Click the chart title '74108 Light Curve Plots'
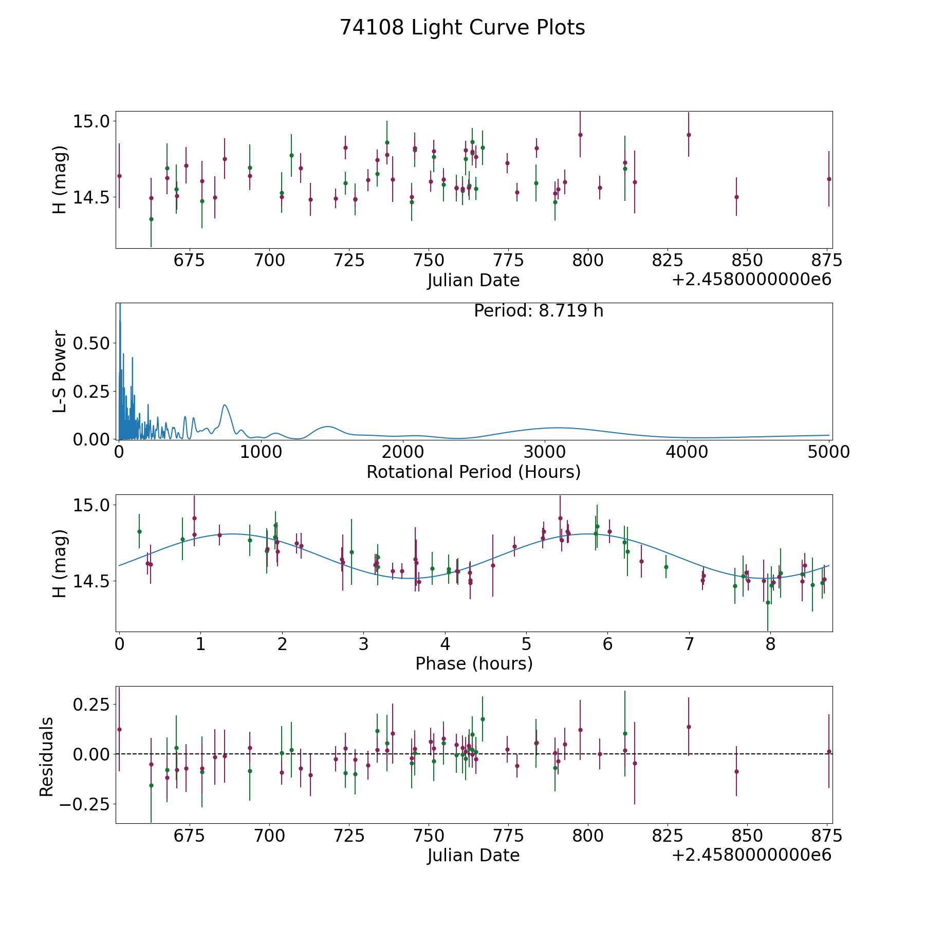[x=462, y=28]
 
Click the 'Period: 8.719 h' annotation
[x=539, y=311]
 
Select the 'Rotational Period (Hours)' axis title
[x=473, y=472]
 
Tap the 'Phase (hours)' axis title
[x=474, y=664]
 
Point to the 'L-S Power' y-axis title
[x=60, y=371]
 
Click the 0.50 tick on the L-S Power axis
[x=91, y=343]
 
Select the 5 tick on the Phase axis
[x=526, y=644]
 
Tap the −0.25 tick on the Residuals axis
[x=85, y=804]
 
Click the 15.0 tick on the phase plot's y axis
[x=91, y=505]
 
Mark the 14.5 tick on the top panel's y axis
[x=91, y=197]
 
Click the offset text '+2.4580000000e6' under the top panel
[x=751, y=280]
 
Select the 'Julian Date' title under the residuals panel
[x=473, y=855]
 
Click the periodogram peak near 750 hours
[x=225, y=405]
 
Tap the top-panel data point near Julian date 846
[x=736, y=197]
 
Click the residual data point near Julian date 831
[x=689, y=727]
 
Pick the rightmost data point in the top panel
[x=829, y=179]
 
